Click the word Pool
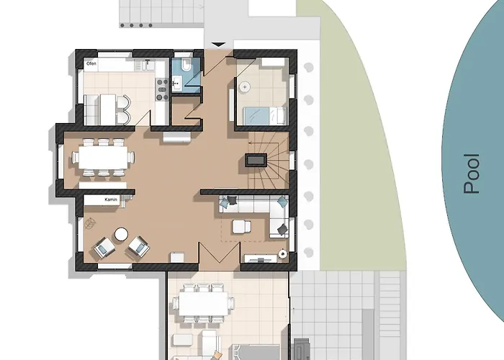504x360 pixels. click(472, 174)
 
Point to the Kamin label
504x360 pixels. click(110, 200)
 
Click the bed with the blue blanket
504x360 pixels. click(263, 114)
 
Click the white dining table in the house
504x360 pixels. click(102, 156)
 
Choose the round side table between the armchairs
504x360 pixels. click(121, 234)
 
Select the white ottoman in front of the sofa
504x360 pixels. click(240, 228)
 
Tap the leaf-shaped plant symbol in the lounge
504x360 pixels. click(283, 253)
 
